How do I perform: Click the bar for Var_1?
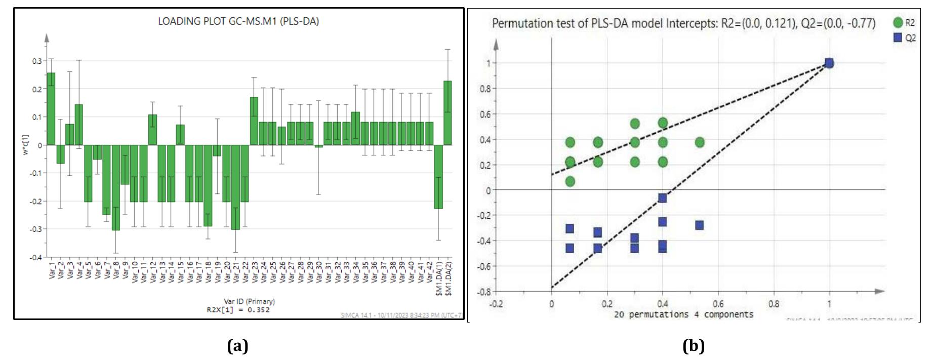click(x=51, y=109)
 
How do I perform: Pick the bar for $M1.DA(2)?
click(x=448, y=113)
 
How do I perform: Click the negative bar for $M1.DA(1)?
click(x=438, y=177)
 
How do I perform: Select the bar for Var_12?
click(x=153, y=130)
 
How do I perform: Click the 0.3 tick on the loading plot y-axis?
click(x=36, y=61)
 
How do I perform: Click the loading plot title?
click(x=238, y=21)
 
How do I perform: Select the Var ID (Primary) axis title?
click(x=249, y=301)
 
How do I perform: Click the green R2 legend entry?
click(x=904, y=23)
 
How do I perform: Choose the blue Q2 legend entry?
click(x=904, y=38)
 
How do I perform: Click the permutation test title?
click(x=683, y=23)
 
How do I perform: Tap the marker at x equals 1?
click(x=829, y=63)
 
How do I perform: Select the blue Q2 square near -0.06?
click(x=662, y=197)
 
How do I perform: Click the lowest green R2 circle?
click(x=570, y=181)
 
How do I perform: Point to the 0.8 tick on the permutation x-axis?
click(x=774, y=304)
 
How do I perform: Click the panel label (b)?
click(x=693, y=346)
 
